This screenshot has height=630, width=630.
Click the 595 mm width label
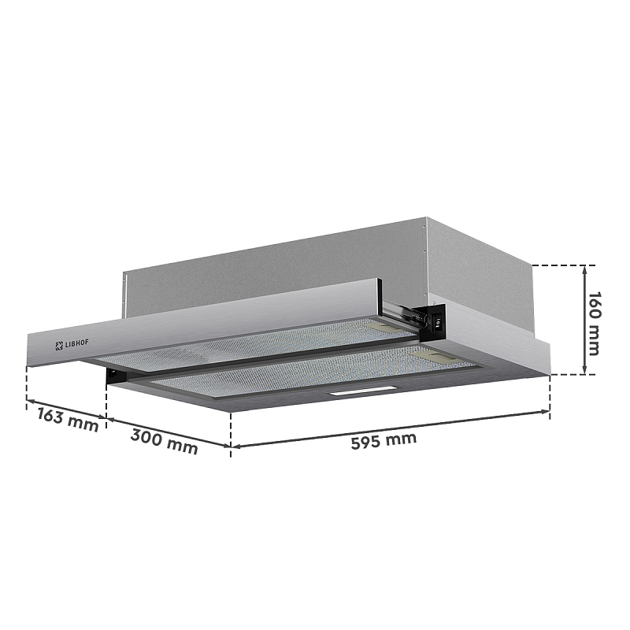click(x=384, y=440)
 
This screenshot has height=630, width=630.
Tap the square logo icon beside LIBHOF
click(x=58, y=346)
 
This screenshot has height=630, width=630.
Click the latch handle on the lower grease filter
click(x=439, y=358)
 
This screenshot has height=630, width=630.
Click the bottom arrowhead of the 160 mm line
click(x=584, y=372)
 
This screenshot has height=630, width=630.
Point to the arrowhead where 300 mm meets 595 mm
click(x=230, y=447)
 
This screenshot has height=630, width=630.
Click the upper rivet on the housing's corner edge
click(x=425, y=231)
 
